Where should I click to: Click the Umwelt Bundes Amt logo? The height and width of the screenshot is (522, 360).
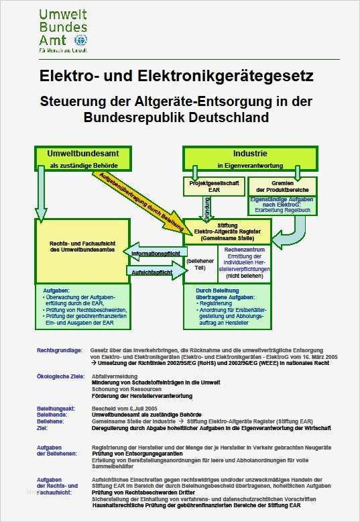[x=64, y=30]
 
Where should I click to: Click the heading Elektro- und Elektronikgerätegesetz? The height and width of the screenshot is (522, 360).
[x=176, y=76]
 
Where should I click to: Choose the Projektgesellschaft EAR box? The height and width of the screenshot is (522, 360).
[x=211, y=185]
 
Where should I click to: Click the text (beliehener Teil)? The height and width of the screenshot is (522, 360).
[x=199, y=263]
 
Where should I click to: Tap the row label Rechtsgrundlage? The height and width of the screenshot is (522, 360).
[x=60, y=350]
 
